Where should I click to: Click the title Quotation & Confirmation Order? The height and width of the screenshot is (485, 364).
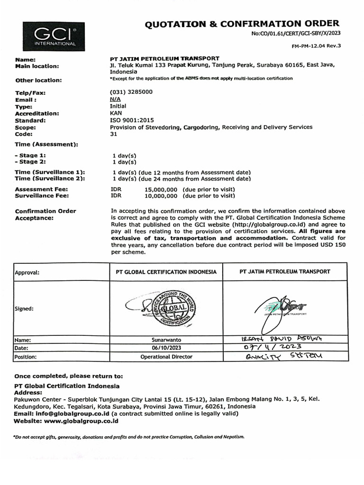(242, 23)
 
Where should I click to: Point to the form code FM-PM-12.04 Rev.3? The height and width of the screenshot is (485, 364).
(316, 45)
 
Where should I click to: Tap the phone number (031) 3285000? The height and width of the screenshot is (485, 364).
(131, 93)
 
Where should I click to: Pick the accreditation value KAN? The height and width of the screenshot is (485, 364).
(116, 114)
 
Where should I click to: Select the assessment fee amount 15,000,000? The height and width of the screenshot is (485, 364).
(161, 189)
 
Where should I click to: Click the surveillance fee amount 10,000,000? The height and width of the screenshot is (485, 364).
(161, 195)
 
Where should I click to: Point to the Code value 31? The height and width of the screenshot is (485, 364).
(113, 134)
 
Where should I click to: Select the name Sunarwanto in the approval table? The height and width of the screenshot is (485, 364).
(166, 340)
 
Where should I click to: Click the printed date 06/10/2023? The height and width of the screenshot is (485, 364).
(166, 348)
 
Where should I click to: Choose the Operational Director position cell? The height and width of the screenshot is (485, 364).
(166, 356)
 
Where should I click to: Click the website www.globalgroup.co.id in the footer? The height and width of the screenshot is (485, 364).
(81, 421)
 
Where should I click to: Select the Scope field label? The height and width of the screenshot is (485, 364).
(25, 127)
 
